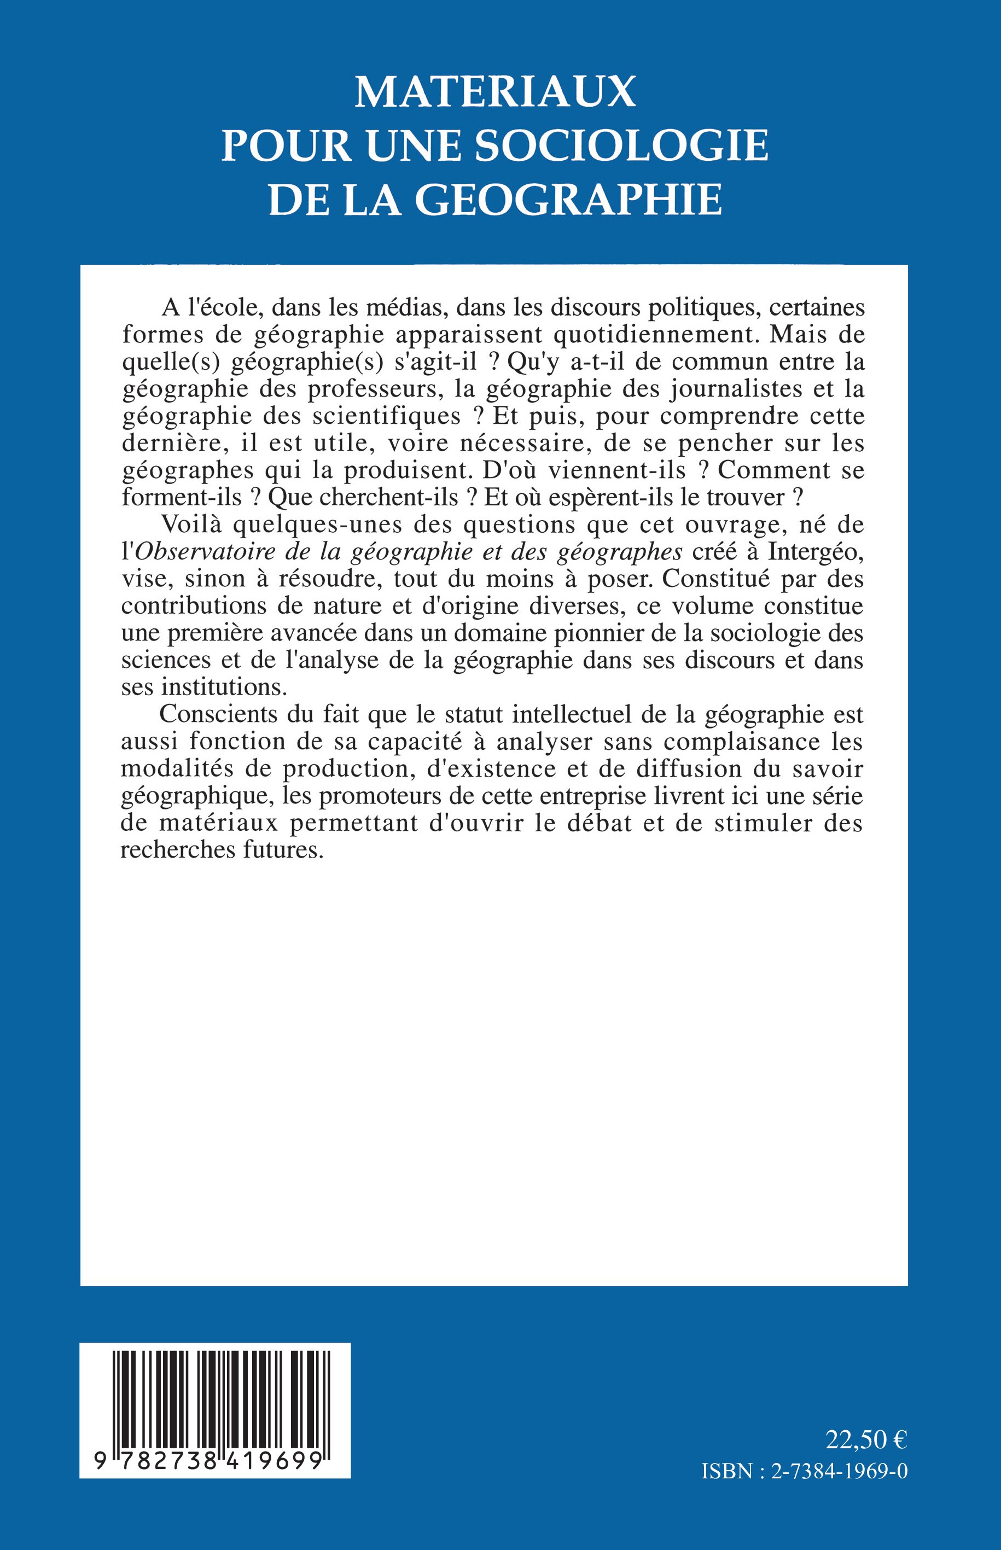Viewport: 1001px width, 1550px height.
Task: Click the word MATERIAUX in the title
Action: (x=494, y=92)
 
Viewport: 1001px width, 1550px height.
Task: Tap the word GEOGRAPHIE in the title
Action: (x=569, y=200)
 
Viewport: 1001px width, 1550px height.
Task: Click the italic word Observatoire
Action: (x=207, y=552)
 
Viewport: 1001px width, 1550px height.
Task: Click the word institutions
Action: (x=224, y=687)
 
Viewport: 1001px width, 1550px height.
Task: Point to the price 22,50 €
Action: (x=866, y=1440)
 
